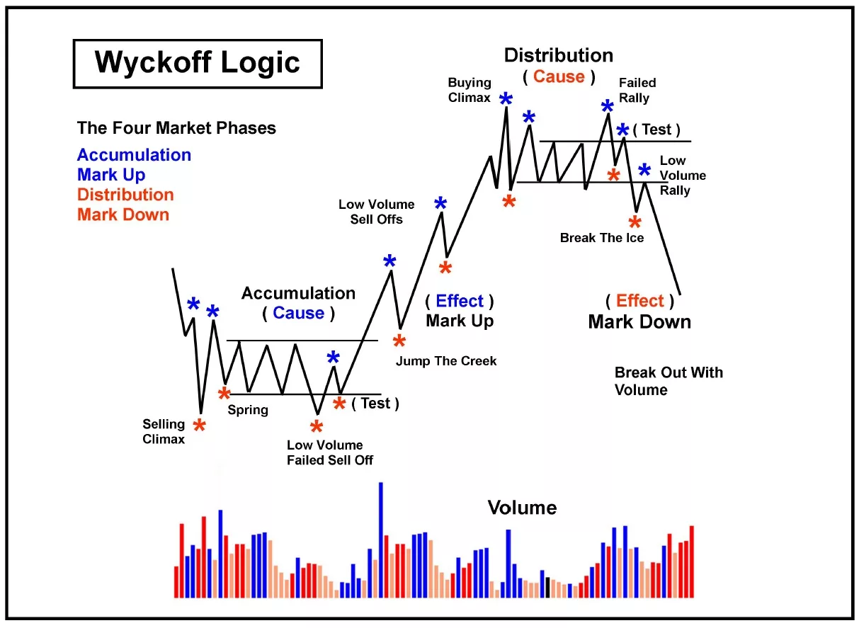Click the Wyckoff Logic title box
click(197, 63)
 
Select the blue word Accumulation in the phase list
click(134, 155)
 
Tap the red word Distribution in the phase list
click(125, 195)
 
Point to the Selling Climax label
click(164, 431)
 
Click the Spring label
click(248, 409)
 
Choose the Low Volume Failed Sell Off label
click(329, 452)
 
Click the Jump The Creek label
click(446, 361)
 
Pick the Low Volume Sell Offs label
click(376, 212)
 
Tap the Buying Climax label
click(469, 90)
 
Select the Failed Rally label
click(637, 90)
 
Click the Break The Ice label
click(602, 238)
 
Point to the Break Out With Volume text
click(668, 381)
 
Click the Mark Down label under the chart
click(639, 322)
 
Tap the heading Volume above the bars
click(522, 508)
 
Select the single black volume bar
click(547, 587)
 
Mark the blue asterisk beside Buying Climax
click(506, 100)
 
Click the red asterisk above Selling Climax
click(200, 426)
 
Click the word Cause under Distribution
click(559, 76)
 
